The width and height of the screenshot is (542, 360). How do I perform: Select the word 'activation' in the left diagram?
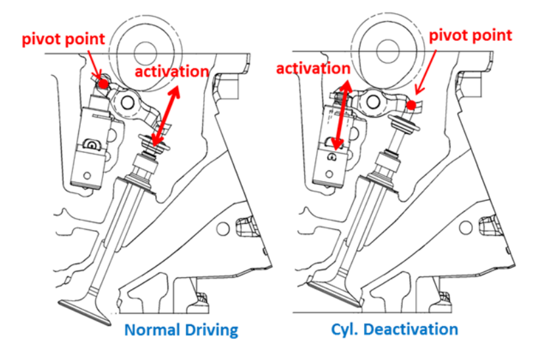coord(171,71)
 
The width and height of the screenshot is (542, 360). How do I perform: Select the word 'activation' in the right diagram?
coord(313,68)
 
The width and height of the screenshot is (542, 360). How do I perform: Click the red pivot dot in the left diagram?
coord(103,83)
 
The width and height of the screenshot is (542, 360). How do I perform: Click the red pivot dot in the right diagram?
coord(411,105)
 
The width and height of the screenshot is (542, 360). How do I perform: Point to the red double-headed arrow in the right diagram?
coord(341,117)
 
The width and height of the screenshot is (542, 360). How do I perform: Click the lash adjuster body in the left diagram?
coord(89,145)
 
